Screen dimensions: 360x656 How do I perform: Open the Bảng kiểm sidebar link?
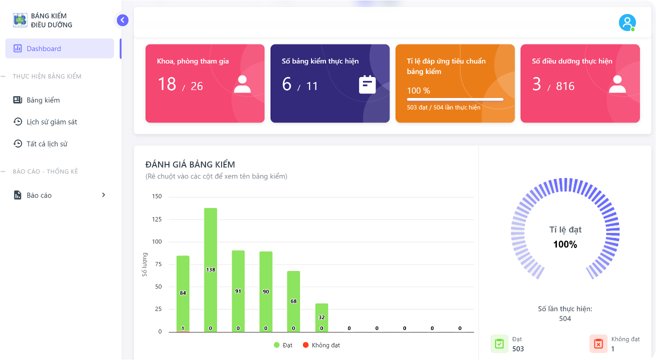click(x=43, y=100)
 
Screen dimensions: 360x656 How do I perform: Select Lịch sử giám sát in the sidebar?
click(x=51, y=122)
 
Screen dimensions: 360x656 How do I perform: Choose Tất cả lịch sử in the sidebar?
click(x=46, y=144)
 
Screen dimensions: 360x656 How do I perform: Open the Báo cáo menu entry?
click(x=39, y=195)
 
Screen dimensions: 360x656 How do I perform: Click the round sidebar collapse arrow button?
click(x=122, y=20)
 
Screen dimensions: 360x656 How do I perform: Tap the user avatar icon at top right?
click(x=626, y=22)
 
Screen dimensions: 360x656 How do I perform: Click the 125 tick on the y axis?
click(x=156, y=219)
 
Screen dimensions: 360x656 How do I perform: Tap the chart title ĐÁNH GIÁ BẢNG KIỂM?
click(x=190, y=164)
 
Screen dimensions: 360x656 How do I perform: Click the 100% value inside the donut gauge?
click(x=565, y=244)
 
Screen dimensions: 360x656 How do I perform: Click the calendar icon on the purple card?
click(x=367, y=84)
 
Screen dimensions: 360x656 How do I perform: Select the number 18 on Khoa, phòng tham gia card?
click(x=166, y=84)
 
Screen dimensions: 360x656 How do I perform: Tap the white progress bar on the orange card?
click(x=455, y=99)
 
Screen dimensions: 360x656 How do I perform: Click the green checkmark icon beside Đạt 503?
click(x=499, y=343)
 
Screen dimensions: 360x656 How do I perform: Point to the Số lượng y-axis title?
click(x=144, y=264)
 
